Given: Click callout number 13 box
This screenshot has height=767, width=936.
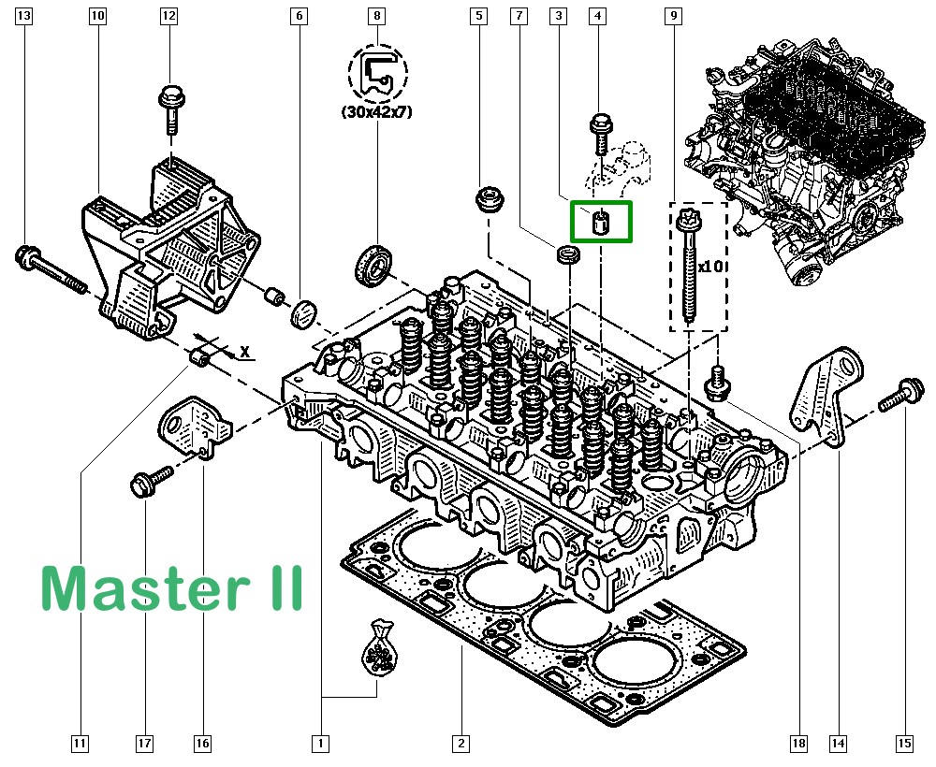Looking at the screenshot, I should pos(24,16).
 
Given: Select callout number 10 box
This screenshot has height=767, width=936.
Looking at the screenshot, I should pos(98,16).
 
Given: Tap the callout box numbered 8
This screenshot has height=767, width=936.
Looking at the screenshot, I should pos(376,16).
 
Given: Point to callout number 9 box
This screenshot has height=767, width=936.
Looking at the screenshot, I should pos(672,16).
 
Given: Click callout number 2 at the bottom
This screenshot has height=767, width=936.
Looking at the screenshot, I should pos(460,745).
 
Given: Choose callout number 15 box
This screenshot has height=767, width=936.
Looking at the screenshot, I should pos(904,745).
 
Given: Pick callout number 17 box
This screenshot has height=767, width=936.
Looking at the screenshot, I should pos(144,745).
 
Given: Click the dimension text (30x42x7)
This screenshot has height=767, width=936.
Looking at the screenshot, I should pos(376,112).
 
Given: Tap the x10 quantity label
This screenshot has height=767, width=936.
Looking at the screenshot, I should pos(710,266).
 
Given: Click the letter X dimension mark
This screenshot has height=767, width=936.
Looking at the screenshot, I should pos(244,353).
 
